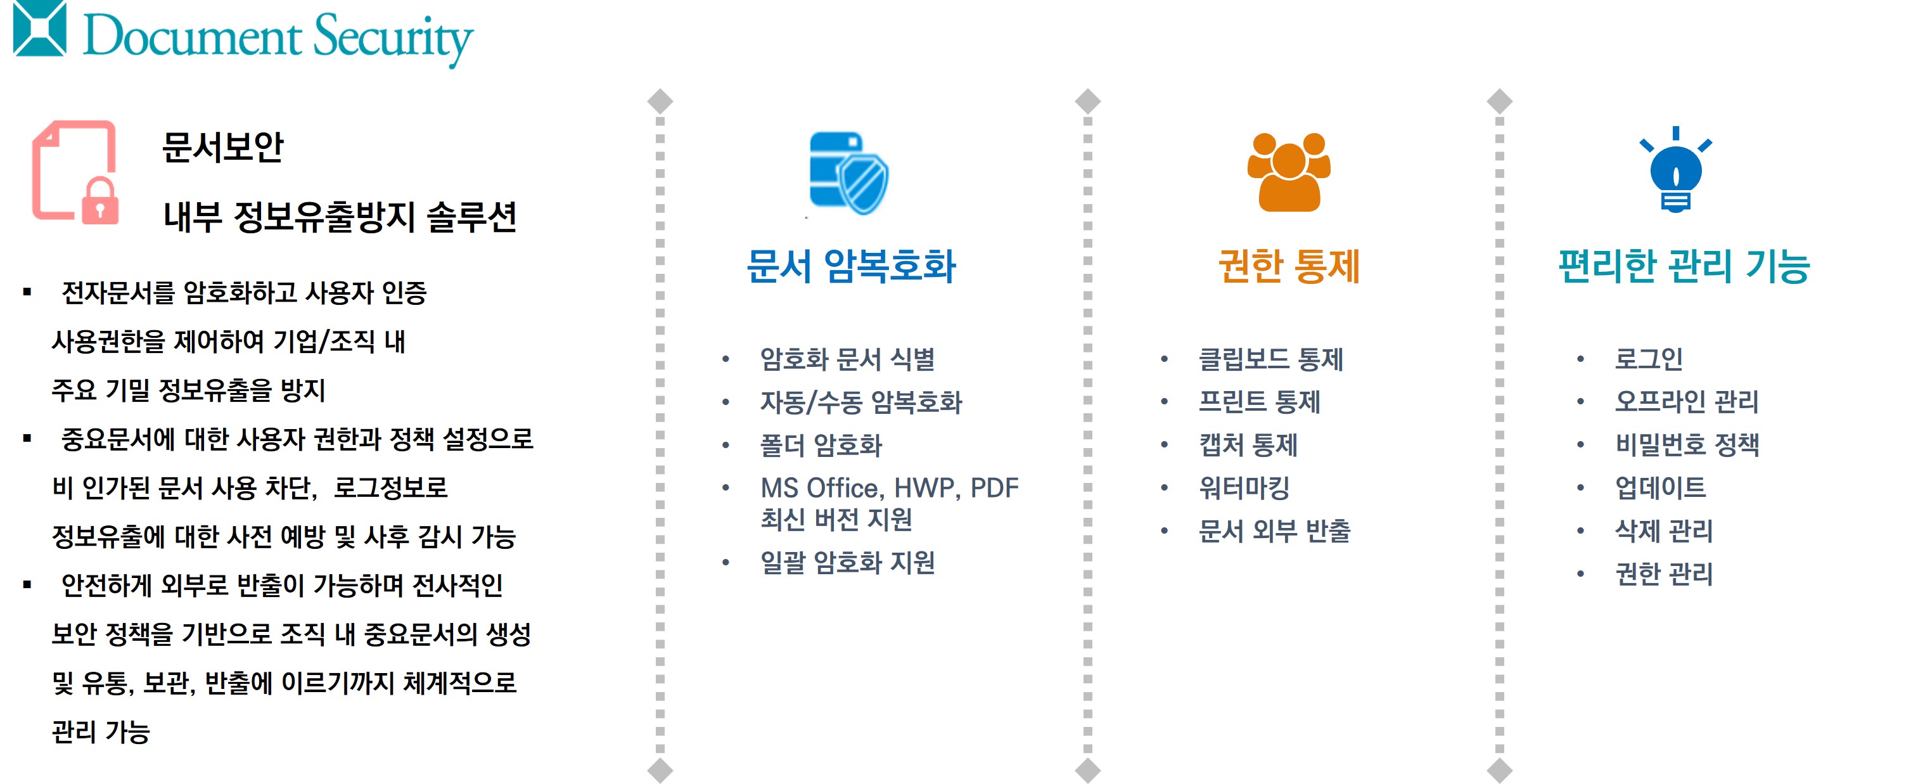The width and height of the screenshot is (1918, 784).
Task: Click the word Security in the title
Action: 393,38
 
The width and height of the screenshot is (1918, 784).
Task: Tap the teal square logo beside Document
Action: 40,29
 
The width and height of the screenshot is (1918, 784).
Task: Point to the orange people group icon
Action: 1289,172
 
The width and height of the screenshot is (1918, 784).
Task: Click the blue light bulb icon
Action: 1675,170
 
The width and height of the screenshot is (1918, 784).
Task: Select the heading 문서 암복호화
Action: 851,266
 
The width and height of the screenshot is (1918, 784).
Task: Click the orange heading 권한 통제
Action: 1289,266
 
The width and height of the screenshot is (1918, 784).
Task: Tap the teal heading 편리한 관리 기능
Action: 1684,266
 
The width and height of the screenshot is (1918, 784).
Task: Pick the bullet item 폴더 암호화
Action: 821,445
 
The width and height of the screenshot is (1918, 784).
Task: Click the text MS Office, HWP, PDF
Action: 889,487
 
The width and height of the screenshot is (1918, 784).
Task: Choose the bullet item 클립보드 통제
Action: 1270,359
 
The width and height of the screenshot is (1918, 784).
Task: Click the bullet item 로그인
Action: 1649,359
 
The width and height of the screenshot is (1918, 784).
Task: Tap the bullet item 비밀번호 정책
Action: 1687,444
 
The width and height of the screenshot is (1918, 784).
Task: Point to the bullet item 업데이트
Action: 1659,487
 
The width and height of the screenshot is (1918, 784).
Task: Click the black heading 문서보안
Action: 222,146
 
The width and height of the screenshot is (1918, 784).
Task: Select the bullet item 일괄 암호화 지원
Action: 847,562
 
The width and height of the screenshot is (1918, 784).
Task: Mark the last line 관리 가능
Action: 101,731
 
